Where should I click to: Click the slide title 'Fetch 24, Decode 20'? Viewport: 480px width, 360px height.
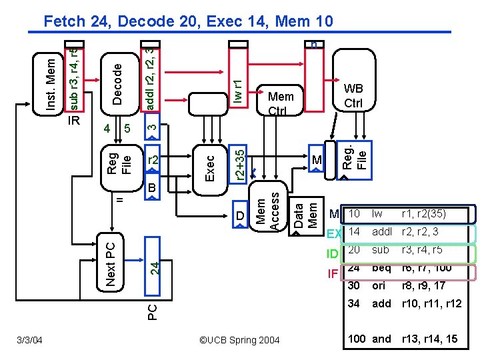tap(187, 21)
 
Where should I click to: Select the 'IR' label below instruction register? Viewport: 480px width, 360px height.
tap(75, 122)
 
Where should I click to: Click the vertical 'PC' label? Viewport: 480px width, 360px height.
tap(152, 311)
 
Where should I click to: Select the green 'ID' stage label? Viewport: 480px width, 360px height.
tap(333, 253)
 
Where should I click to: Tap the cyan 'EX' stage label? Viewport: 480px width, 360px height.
tap(334, 233)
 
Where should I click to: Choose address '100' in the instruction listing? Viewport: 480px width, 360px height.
tap(357, 339)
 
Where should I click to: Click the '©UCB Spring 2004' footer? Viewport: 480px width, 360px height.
tap(239, 341)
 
